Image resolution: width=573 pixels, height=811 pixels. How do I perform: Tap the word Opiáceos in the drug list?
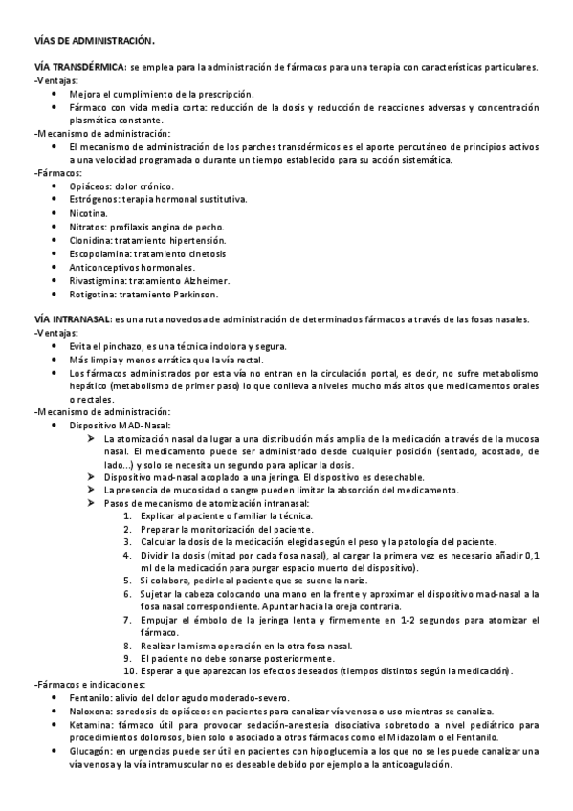coord(90,186)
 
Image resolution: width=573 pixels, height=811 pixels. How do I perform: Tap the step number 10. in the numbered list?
coord(130,671)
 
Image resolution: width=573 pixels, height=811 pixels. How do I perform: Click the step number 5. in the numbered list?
coord(128,580)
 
